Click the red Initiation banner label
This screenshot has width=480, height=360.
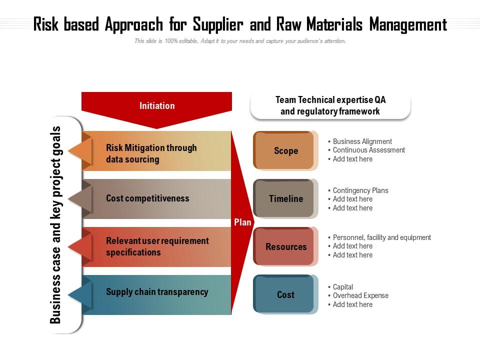tap(157, 105)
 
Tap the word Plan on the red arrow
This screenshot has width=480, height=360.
tap(242, 222)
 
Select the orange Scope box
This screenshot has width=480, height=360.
tap(285, 150)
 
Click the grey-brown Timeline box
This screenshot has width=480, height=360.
tap(285, 198)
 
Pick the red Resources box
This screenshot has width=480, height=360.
tap(285, 246)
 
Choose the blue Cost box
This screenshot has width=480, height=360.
tap(285, 294)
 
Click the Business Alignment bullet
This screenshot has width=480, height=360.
tap(362, 141)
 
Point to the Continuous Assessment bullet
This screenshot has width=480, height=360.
tap(368, 150)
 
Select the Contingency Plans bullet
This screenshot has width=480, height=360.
tap(360, 190)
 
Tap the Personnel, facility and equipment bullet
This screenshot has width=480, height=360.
tap(381, 237)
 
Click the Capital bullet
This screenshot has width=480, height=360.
tap(343, 287)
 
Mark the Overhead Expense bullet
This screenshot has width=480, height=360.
tap(360, 295)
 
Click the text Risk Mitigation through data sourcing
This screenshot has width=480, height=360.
tap(151, 153)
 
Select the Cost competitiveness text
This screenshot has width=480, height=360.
tap(147, 198)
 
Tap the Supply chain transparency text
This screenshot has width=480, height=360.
tap(157, 292)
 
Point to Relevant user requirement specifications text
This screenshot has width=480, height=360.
tap(157, 246)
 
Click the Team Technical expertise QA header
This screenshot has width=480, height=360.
tap(330, 105)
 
